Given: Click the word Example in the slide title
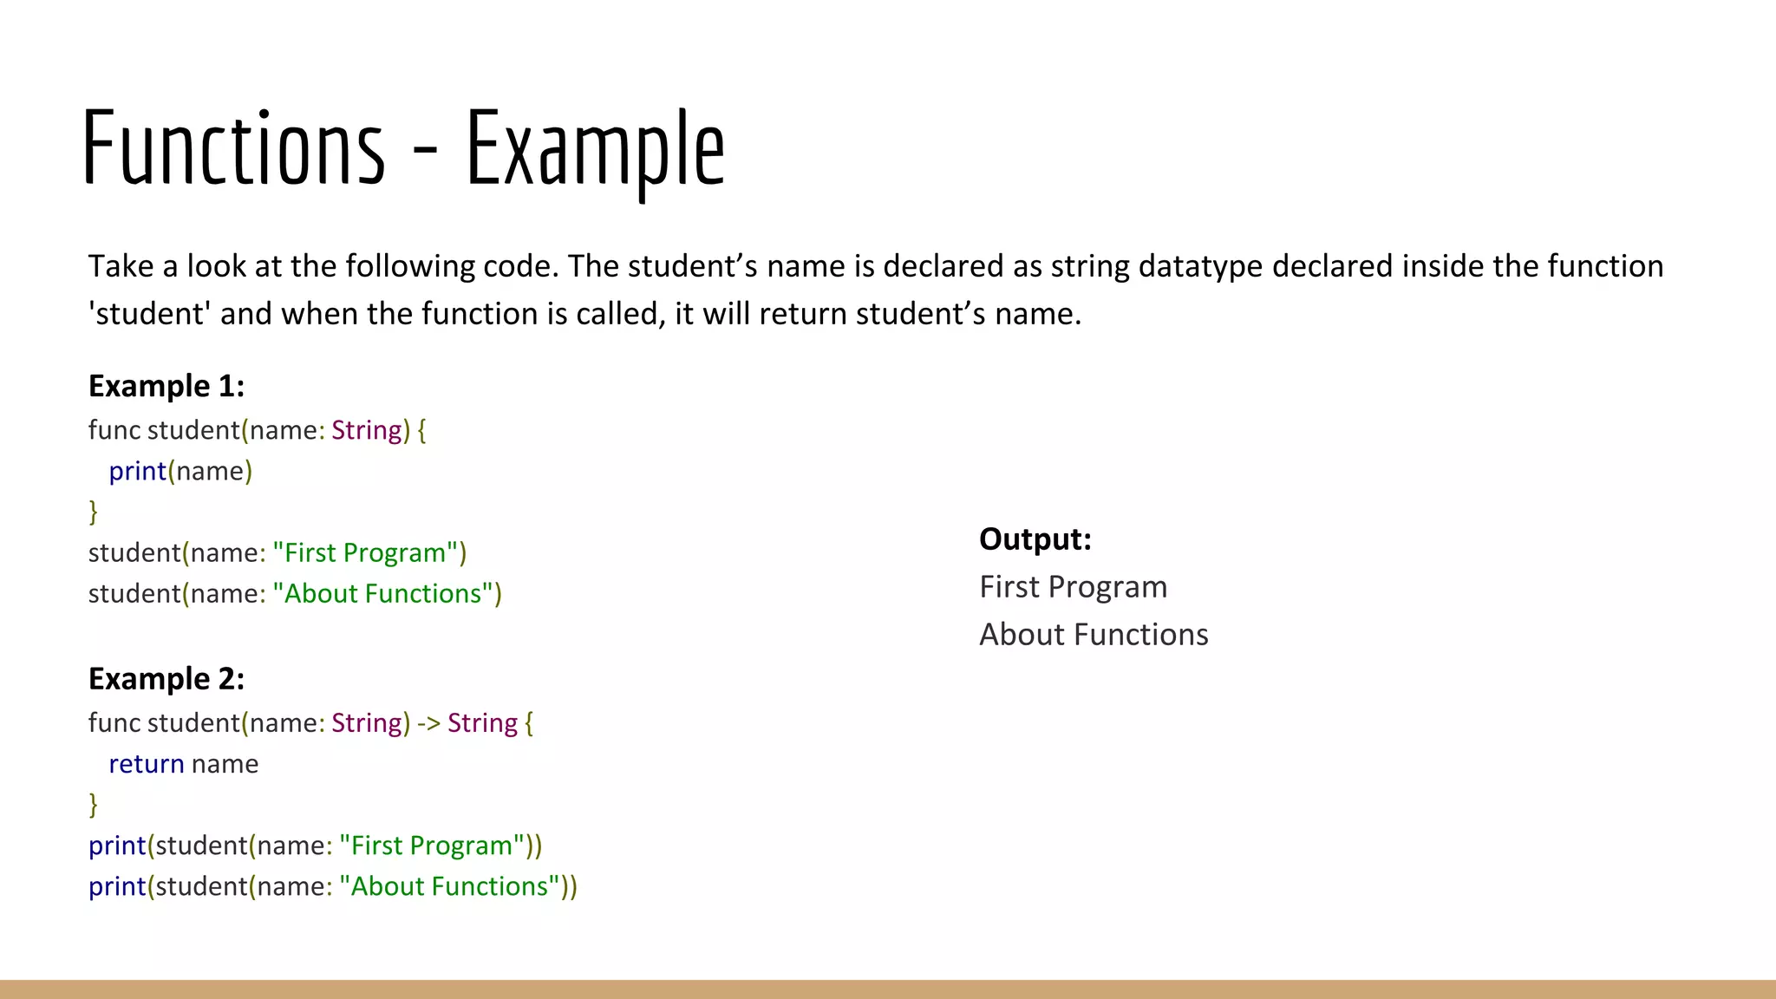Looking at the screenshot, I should pos(595,149).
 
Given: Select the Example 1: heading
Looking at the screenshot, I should pos(166,386).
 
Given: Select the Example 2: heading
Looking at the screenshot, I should pos(166,679).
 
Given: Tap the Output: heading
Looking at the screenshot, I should pos(1035,539).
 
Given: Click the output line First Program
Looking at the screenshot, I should pos(1073,587).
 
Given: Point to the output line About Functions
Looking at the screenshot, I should pos(1094,635).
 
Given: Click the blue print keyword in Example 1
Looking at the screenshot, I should pos(137,471).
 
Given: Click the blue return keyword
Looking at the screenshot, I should pos(146,764).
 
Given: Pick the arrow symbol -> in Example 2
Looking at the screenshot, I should pos(428,723).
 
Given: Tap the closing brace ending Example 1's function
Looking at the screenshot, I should pos(94,512).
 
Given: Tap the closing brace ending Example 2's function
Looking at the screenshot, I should pos(94,805).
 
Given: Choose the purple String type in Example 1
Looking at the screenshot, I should pos(366,430).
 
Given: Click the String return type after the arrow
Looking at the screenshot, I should pos(482,723).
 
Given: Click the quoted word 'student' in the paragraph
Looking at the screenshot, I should pos(149,314).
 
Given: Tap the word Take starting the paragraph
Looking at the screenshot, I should pos(121,266).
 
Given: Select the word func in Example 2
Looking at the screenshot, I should pos(114,723).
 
